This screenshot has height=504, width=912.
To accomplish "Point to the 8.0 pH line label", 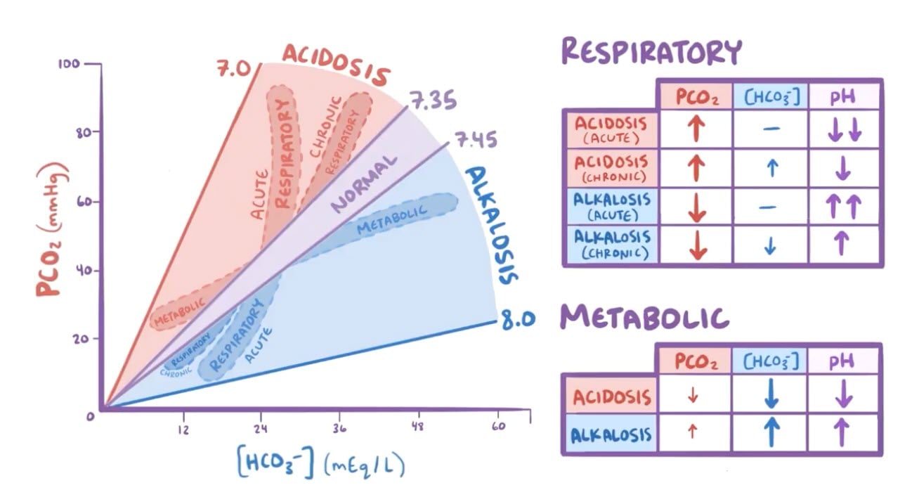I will [x=517, y=321].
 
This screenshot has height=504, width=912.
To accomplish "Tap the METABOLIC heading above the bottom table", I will [x=644, y=318].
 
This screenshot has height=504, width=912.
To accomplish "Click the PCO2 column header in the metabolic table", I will [x=696, y=361].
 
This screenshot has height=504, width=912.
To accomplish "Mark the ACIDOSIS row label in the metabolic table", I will [x=611, y=396].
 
